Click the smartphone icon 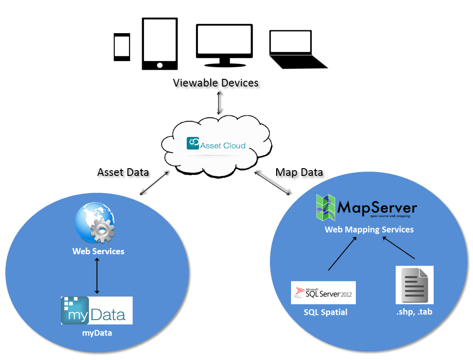click(121, 47)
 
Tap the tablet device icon click(159, 44)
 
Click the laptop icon click(296, 50)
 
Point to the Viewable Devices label click(216, 83)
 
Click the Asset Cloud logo click(216, 144)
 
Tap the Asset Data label click(123, 172)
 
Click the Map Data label click(299, 172)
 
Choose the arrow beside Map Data click(272, 183)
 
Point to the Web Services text click(98, 251)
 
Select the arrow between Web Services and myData click(97, 275)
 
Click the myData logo click(97, 310)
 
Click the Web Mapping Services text click(369, 229)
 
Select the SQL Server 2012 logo click(323, 293)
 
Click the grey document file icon click(414, 285)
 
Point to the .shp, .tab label click(414, 312)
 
